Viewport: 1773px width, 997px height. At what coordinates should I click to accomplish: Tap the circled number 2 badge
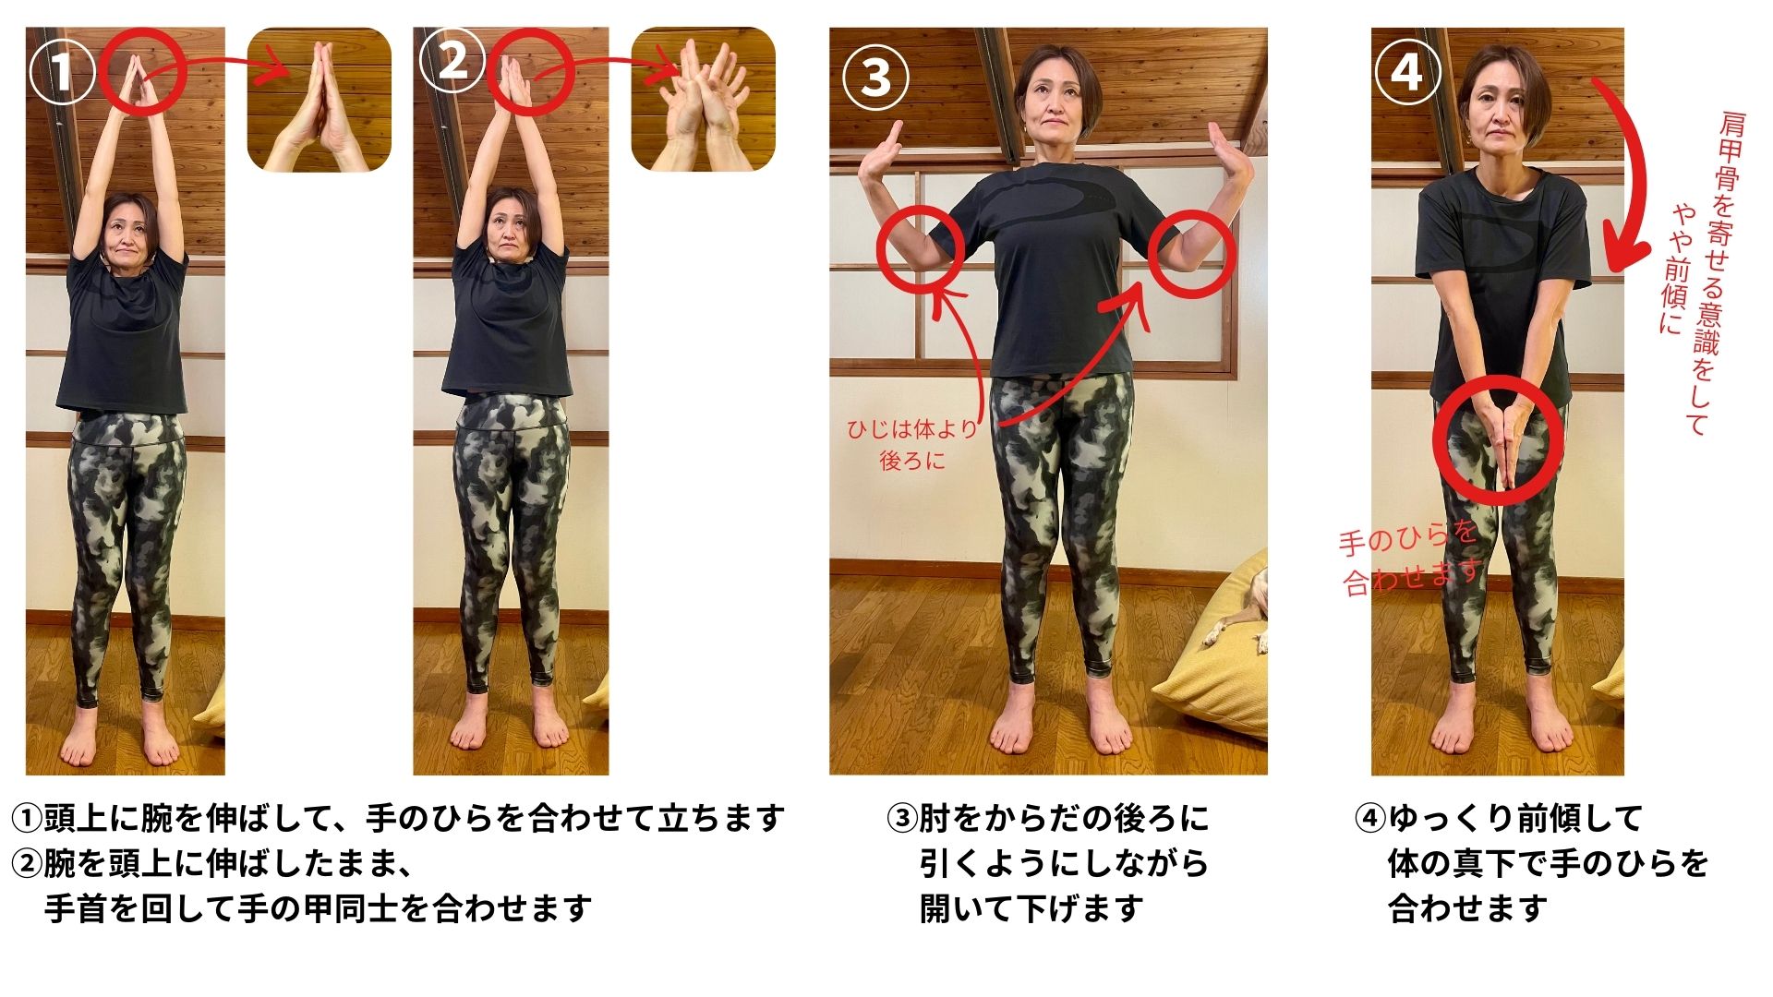point(452,62)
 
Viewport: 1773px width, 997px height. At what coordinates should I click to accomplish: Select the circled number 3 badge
point(875,77)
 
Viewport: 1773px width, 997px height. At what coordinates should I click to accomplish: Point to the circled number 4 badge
point(1407,70)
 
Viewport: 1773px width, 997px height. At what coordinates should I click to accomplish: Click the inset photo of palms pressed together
point(319,100)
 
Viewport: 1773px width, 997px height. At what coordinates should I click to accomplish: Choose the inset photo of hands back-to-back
point(703,100)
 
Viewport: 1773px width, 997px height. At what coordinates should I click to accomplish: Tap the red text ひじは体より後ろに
point(912,444)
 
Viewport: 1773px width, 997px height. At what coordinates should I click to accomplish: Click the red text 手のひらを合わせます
point(1410,558)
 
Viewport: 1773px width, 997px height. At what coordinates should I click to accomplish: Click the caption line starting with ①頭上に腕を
point(398,818)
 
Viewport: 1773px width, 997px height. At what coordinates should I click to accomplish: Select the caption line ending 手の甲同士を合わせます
point(319,908)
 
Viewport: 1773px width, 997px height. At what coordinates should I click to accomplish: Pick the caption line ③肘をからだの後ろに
point(1047,818)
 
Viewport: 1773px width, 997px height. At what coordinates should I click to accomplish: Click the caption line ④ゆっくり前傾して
point(1499,818)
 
